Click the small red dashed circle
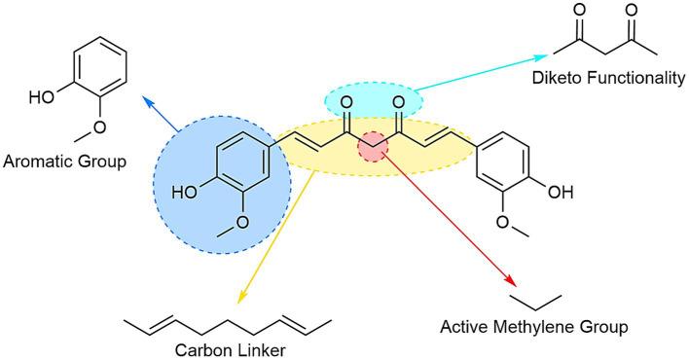click(x=374, y=148)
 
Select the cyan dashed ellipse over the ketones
click(x=373, y=98)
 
